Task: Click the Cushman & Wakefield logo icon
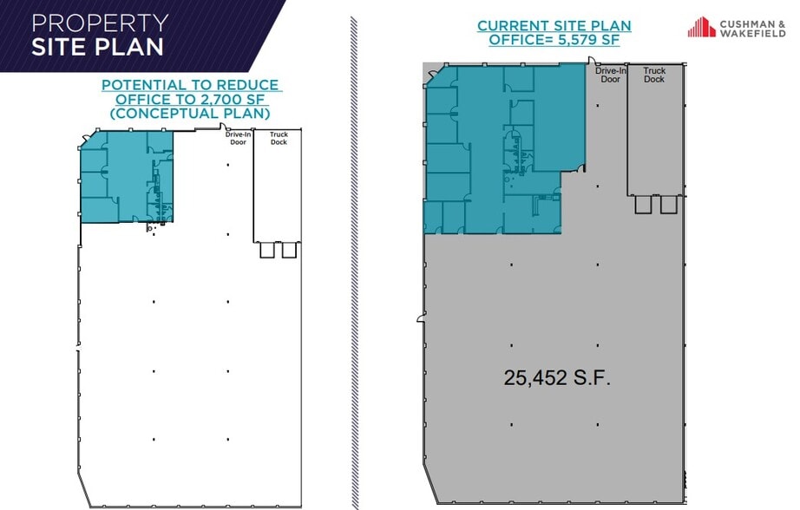coord(702,27)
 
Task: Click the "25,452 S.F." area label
coord(558,377)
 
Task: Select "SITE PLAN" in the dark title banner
coord(97,46)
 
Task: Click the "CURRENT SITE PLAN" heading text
coord(554,26)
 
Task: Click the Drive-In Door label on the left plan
coord(238,139)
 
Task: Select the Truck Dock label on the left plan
coord(279,139)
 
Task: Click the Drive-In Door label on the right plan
coord(611,75)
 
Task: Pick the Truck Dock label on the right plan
coord(654,75)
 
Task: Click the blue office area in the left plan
coord(126,178)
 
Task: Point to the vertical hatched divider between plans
coord(354,260)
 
